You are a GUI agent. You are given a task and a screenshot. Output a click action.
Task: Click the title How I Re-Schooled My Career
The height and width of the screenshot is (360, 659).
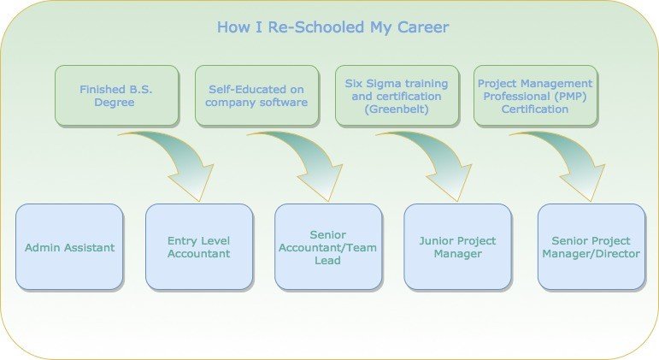pos(332,27)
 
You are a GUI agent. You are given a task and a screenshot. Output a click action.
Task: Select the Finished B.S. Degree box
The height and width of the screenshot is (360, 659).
pos(116,96)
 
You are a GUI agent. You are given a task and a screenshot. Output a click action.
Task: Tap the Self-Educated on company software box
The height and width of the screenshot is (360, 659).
pos(256,96)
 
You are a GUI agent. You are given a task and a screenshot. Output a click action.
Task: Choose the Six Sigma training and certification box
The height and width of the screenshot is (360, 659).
pos(397,96)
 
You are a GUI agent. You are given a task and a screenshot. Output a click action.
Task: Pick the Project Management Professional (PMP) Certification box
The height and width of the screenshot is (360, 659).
pos(535,96)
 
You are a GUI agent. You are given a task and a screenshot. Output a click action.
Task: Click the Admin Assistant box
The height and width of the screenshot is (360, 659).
pos(69,247)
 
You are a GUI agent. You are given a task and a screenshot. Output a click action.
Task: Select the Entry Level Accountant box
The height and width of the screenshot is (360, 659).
pos(199,247)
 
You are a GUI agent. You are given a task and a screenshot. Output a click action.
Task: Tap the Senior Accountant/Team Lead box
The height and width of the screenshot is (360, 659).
pos(328,247)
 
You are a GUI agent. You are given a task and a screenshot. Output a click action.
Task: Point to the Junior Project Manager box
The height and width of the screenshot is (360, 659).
pos(457,247)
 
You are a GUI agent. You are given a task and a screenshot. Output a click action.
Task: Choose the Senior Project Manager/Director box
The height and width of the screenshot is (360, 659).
pos(591,247)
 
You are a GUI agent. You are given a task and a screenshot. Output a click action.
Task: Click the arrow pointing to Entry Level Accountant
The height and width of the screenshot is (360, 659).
pos(185,157)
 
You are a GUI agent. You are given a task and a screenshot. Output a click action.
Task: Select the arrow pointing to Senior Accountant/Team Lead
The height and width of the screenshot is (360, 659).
pos(314,157)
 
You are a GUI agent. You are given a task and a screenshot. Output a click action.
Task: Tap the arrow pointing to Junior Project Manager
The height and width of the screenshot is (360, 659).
pos(443,157)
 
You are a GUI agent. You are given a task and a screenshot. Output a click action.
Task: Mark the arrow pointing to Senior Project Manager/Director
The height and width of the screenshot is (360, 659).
pos(577,157)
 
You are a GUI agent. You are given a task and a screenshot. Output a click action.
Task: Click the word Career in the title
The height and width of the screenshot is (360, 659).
pos(423,27)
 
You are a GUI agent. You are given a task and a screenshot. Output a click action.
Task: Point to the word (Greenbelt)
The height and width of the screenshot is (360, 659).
pos(397,109)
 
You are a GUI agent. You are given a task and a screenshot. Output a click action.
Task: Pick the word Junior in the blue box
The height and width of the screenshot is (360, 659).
pos(436,241)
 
